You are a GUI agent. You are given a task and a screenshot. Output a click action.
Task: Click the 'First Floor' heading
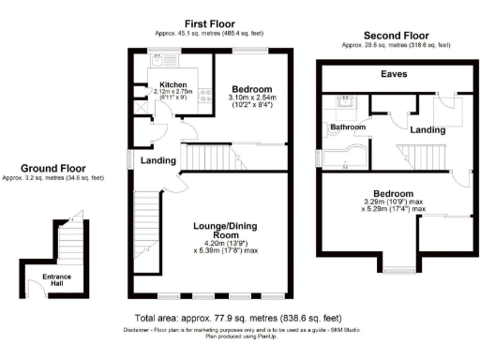point(210,23)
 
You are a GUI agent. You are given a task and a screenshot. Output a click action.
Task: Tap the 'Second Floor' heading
point(389,36)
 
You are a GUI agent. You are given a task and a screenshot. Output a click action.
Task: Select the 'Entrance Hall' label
point(59,280)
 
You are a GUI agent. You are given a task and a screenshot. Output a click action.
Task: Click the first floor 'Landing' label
point(158,160)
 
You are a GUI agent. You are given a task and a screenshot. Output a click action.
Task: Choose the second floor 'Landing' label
point(427,129)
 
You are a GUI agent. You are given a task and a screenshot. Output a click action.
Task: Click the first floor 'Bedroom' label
point(252,87)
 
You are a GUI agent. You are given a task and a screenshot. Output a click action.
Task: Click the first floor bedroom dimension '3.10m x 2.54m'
point(252,97)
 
